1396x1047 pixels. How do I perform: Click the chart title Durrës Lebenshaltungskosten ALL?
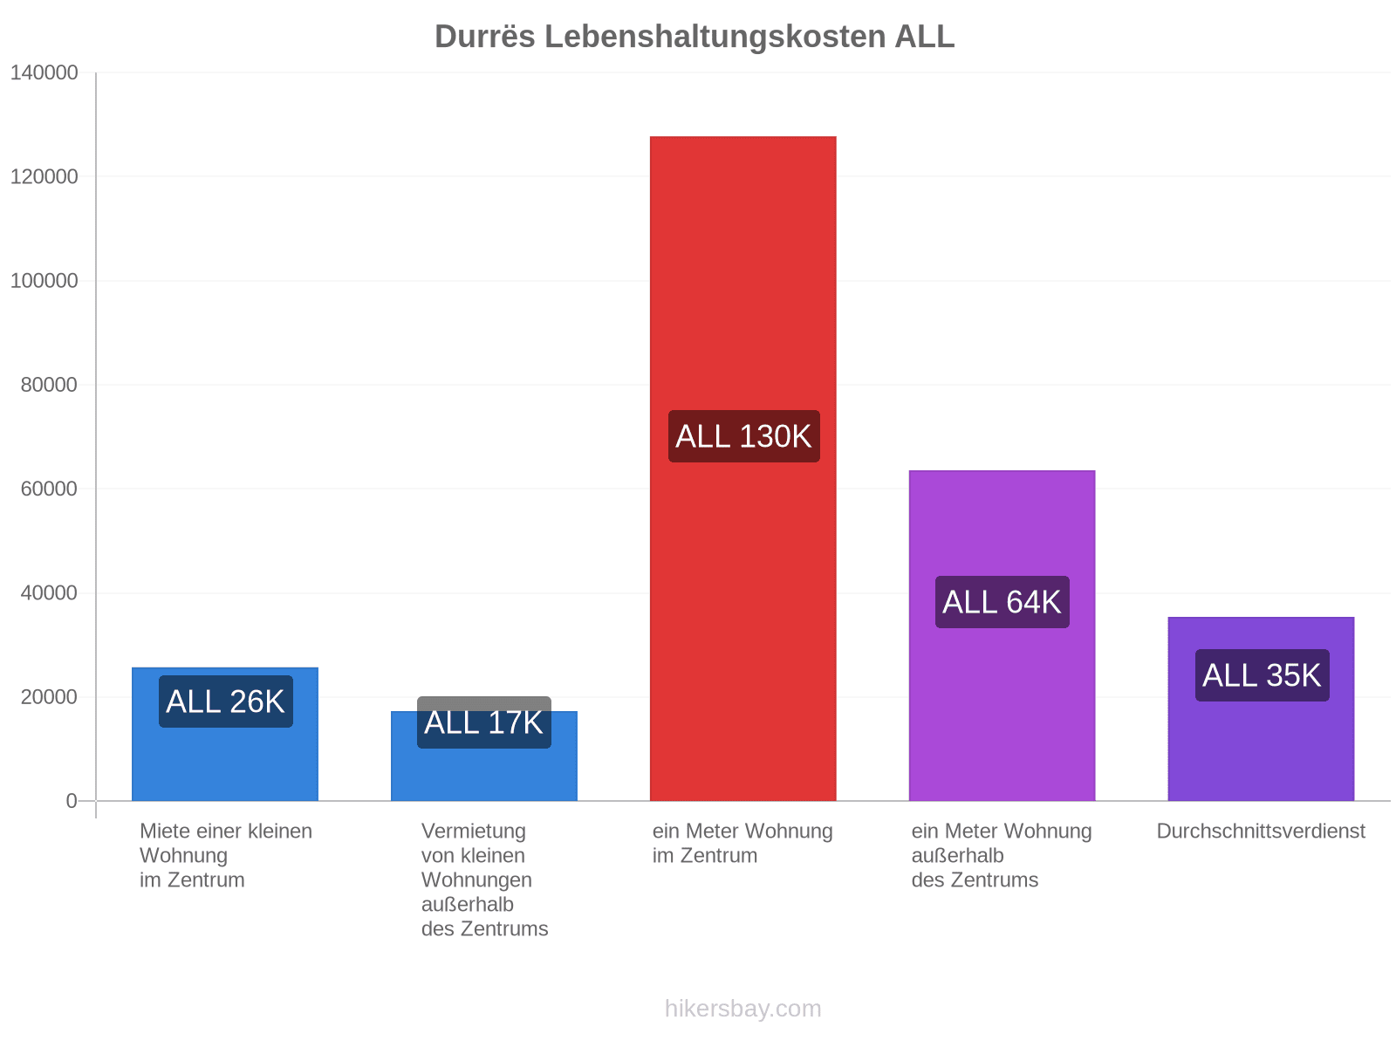pyautogui.click(x=694, y=37)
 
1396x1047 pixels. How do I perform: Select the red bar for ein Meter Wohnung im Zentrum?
pyautogui.click(x=742, y=468)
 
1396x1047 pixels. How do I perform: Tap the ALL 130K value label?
pyautogui.click(x=743, y=436)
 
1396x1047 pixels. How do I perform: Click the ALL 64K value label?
pyautogui.click(x=1002, y=602)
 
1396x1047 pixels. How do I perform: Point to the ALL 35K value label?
pyautogui.click(x=1262, y=675)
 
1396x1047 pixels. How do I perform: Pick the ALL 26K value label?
pyautogui.click(x=225, y=701)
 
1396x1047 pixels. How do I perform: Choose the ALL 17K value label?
pyautogui.click(x=483, y=722)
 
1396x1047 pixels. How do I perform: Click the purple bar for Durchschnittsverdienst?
pyautogui.click(x=1261, y=708)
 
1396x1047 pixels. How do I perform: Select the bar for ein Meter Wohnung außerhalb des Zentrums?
pyautogui.click(x=1002, y=636)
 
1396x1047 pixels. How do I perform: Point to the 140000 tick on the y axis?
pyautogui.click(x=44, y=72)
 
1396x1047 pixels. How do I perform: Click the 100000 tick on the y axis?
pyautogui.click(x=44, y=280)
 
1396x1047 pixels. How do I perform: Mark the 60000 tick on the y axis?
pyautogui.click(x=49, y=489)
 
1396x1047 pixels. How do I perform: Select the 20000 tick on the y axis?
pyautogui.click(x=49, y=697)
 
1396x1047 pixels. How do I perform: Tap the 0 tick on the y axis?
pyautogui.click(x=72, y=801)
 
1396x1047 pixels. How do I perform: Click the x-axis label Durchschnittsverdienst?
pyautogui.click(x=1261, y=831)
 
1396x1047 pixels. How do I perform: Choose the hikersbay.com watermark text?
pyautogui.click(x=742, y=1009)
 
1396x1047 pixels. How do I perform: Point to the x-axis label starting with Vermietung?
pyautogui.click(x=484, y=879)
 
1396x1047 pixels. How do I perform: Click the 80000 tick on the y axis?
pyautogui.click(x=49, y=385)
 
